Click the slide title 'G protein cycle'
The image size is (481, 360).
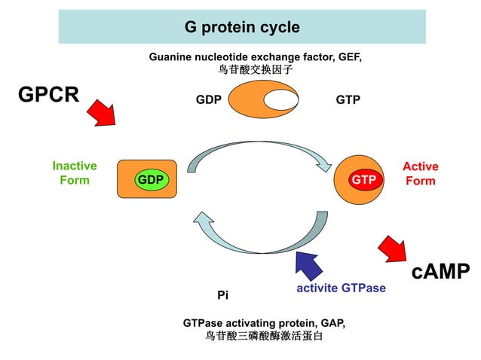242,28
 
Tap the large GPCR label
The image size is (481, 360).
48,95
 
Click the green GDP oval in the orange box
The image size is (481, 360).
151,180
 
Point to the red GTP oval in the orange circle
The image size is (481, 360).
363,180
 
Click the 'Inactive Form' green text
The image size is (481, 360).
75,173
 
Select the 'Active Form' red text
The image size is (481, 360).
420,173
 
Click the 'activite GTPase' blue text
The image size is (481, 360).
341,288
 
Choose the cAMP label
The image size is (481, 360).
440,272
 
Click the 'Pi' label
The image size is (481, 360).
222,295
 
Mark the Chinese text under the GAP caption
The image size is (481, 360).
264,336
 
